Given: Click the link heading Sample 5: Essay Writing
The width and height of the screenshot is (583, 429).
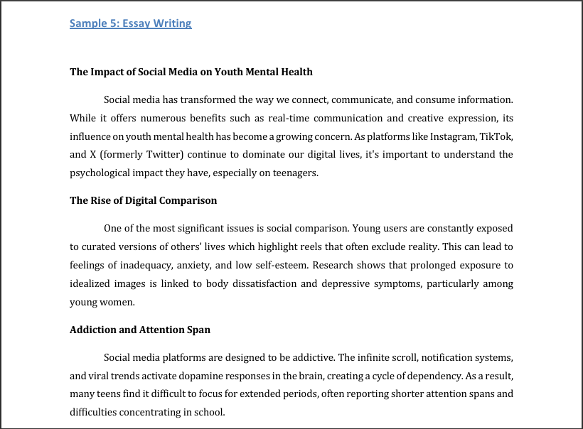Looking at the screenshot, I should pyautogui.click(x=130, y=23).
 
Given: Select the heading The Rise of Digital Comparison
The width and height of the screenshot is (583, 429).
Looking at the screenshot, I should pyautogui.click(x=143, y=200).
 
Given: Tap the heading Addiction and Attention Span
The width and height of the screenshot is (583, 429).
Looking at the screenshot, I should pyautogui.click(x=139, y=330).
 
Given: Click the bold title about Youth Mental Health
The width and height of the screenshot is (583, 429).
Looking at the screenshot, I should pyautogui.click(x=191, y=72).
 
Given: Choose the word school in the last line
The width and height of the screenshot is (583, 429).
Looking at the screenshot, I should pyautogui.click(x=210, y=413).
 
